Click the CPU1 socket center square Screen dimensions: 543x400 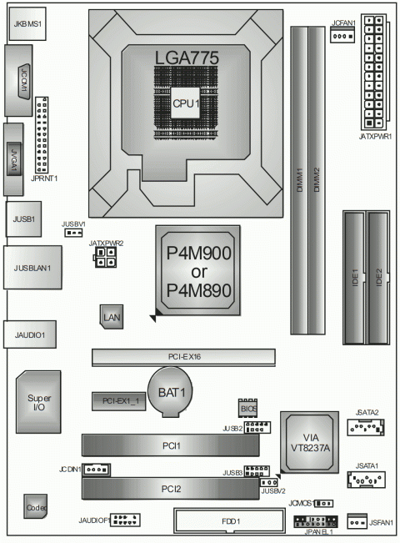click(186, 103)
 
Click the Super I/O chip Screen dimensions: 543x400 click(38, 402)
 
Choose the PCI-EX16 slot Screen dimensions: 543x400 click(183, 357)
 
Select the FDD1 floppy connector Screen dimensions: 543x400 click(231, 521)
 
